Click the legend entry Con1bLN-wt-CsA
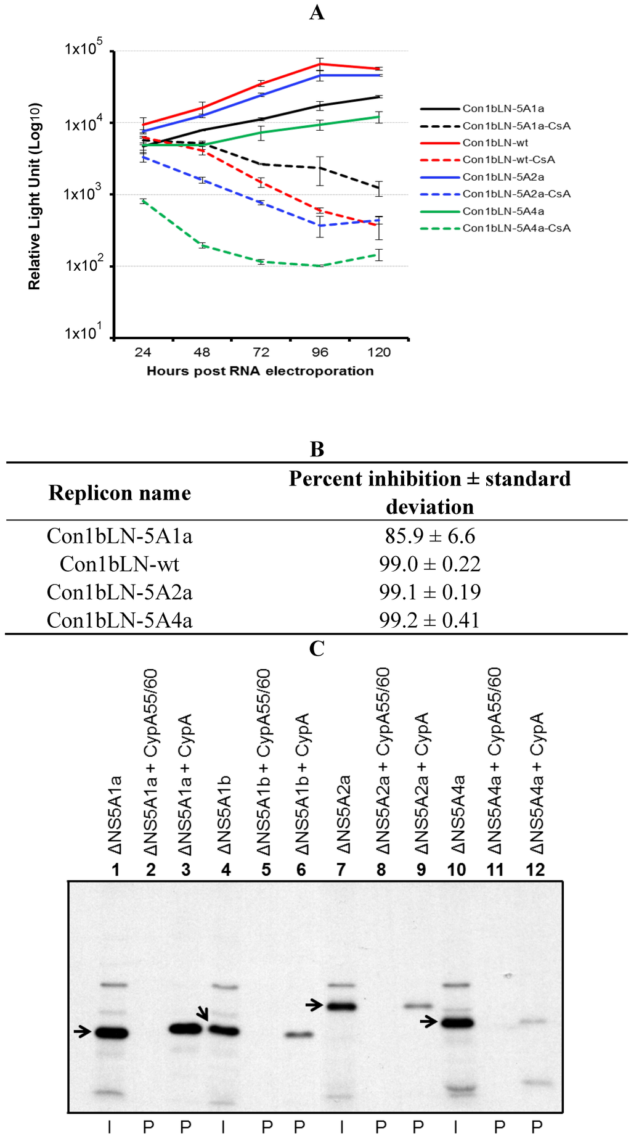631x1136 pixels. [508, 160]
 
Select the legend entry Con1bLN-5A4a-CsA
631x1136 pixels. [516, 228]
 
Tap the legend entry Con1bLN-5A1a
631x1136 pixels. [503, 109]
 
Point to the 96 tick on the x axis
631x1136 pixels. [320, 352]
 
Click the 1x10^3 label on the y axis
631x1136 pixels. [82, 194]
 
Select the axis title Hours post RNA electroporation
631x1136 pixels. [260, 371]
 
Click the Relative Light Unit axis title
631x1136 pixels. [35, 196]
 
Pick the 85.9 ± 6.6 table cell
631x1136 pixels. [429, 536]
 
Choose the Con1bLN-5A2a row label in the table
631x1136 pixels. [120, 592]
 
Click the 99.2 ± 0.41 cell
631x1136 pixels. [429, 620]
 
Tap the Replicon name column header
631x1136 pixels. [120, 493]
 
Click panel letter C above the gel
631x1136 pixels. [317, 648]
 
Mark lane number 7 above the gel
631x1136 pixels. [341, 870]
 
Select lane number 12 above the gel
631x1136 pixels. [535, 870]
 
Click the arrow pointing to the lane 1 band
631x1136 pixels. [81, 1031]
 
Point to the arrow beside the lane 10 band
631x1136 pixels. [428, 1022]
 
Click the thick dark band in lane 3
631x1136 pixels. [185, 1029]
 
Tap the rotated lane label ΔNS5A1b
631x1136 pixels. [224, 814]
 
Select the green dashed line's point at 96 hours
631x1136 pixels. [320, 266]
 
